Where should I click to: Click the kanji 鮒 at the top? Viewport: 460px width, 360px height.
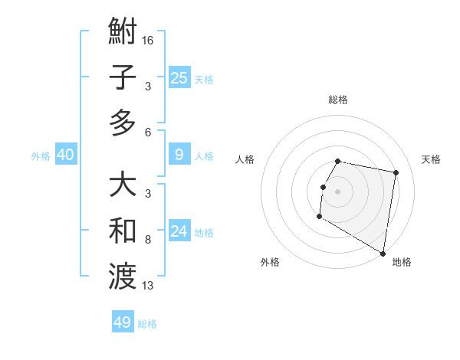click(x=123, y=34)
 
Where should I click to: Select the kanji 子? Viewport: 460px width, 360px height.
click(x=123, y=77)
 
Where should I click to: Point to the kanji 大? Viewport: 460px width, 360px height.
click(x=123, y=186)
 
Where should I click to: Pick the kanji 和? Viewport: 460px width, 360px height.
click(x=123, y=231)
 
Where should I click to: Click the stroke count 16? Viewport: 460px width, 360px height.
click(x=148, y=40)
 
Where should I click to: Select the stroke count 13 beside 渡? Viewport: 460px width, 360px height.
click(x=148, y=286)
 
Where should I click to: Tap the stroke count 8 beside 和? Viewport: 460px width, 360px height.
click(x=148, y=240)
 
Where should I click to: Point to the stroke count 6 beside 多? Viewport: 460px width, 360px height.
click(x=148, y=132)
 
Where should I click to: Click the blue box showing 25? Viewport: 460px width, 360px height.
click(x=179, y=77)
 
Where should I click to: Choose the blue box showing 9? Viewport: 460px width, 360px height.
click(x=179, y=155)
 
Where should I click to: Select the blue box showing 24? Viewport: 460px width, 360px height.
click(x=179, y=231)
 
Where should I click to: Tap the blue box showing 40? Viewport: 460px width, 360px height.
click(x=65, y=155)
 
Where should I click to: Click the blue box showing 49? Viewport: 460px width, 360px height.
click(x=123, y=322)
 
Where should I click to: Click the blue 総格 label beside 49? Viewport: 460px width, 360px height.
click(x=147, y=324)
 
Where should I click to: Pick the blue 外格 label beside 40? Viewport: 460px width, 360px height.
click(x=41, y=156)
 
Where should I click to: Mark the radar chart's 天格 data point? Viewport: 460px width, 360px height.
click(x=396, y=174)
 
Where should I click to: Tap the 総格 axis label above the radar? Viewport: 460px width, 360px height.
click(x=338, y=100)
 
